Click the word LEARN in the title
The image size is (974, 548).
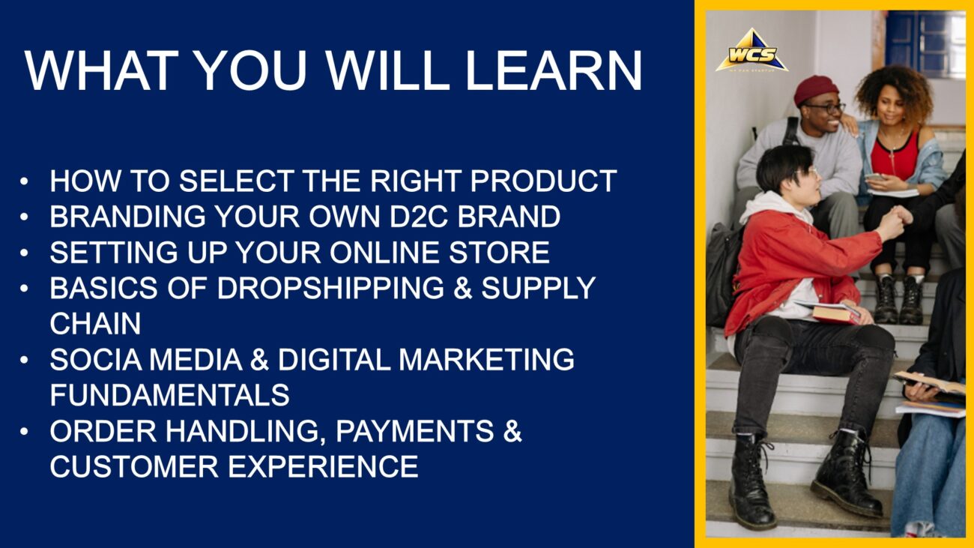point(554,70)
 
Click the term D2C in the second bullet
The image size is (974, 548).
point(419,216)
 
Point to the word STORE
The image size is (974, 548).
point(499,252)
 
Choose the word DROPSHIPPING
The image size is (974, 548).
point(330,287)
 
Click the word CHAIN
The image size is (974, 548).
point(95,323)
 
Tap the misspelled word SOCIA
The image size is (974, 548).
point(96,359)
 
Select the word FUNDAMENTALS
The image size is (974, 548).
point(169,394)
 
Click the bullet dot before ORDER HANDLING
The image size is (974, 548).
point(24,432)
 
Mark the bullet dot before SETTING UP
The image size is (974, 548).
point(24,253)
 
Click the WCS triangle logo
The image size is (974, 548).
point(751,51)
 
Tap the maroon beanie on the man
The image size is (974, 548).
point(815,89)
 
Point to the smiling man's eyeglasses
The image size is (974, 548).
point(826,108)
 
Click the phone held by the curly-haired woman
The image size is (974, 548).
point(875,177)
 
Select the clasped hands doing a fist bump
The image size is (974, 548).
point(897,217)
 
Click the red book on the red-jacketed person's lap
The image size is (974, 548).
point(835,313)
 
